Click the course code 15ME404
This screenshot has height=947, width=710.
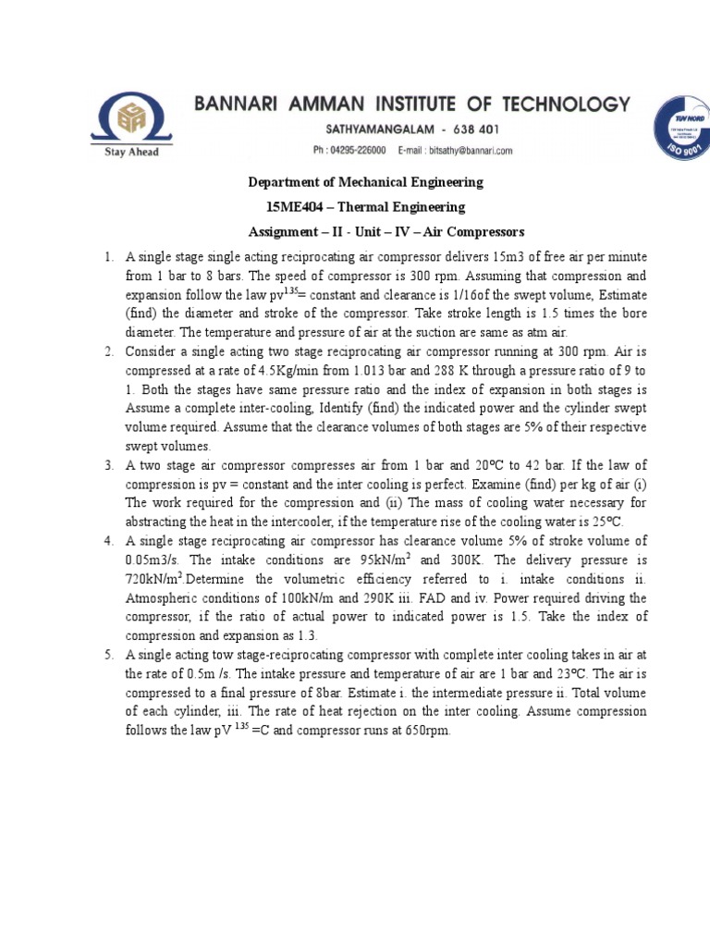pyautogui.click(x=295, y=207)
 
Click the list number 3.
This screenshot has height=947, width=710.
pyautogui.click(x=108, y=465)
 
